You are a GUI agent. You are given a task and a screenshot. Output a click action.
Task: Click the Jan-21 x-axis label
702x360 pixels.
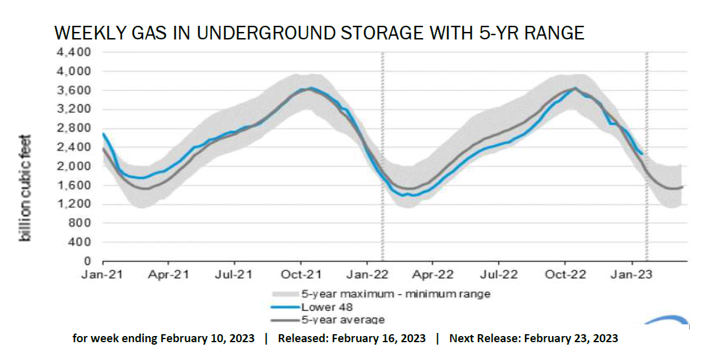(102, 275)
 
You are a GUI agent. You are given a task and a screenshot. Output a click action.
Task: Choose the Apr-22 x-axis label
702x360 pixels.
(433, 275)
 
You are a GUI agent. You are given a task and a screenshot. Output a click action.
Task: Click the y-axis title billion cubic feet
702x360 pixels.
(26, 187)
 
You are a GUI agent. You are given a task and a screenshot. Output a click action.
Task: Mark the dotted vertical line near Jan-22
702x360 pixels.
(382, 157)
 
